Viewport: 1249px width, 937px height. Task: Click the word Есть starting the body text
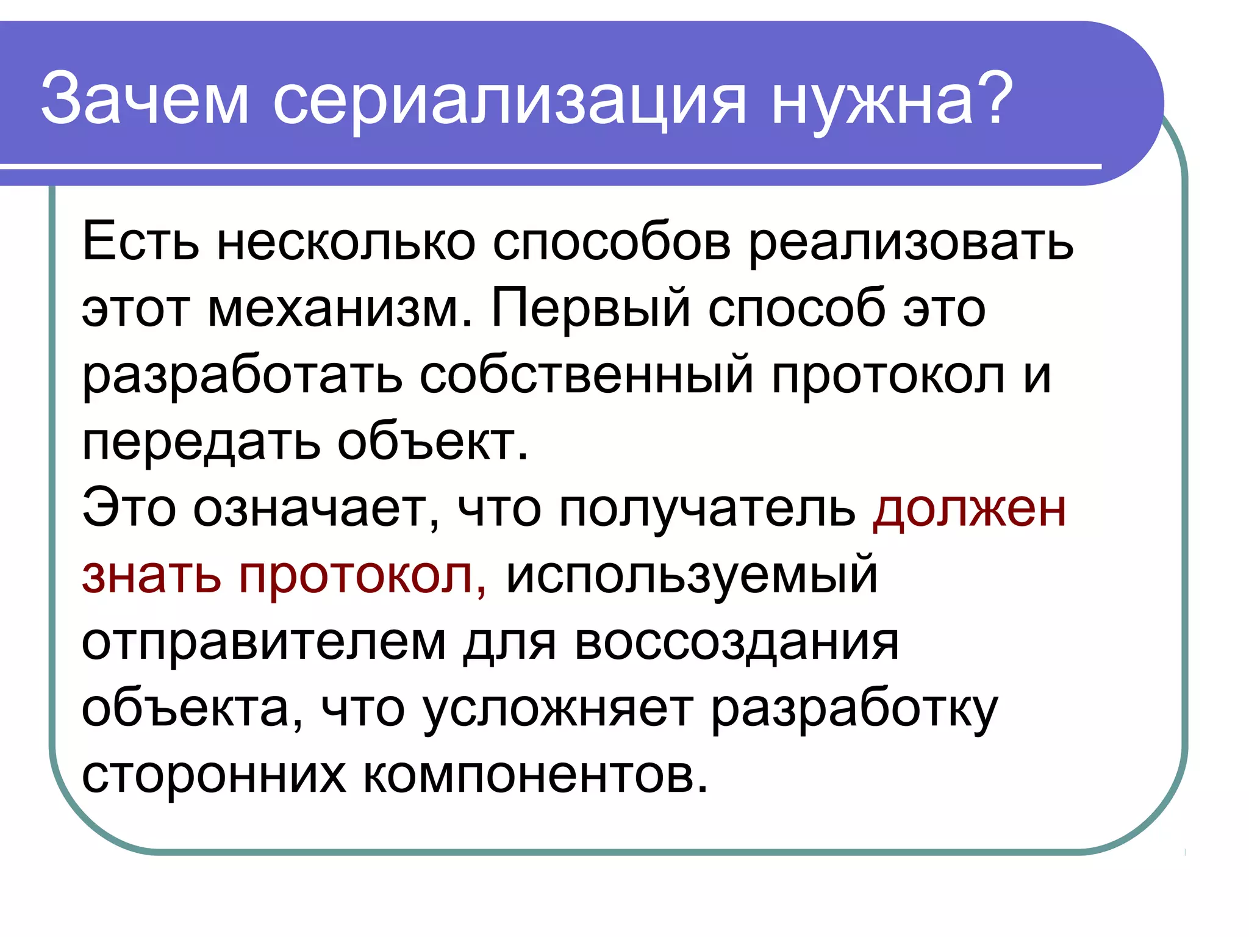click(140, 242)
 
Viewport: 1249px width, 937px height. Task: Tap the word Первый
click(591, 309)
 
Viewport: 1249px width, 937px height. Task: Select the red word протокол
click(362, 577)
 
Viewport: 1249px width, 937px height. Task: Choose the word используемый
click(692, 577)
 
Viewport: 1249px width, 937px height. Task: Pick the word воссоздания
click(736, 644)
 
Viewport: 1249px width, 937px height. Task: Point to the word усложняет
click(558, 711)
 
